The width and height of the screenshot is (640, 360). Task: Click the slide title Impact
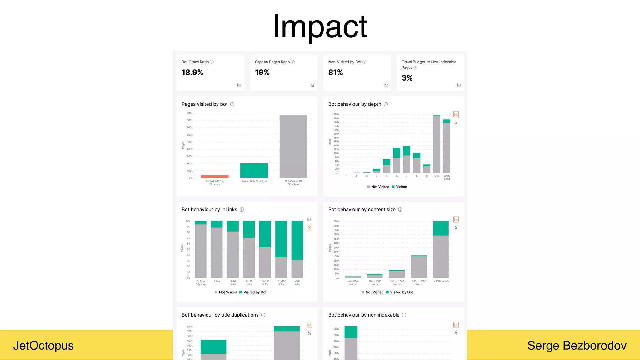click(x=320, y=27)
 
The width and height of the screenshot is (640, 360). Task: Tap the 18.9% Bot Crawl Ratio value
click(x=192, y=72)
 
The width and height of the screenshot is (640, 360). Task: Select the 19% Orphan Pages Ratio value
click(x=262, y=72)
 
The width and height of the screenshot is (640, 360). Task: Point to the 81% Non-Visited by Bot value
click(x=335, y=72)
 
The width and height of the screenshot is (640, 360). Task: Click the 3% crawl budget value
click(x=407, y=78)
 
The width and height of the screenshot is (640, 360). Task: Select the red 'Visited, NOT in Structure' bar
click(x=215, y=177)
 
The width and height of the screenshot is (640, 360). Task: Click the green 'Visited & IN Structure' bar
click(x=254, y=170)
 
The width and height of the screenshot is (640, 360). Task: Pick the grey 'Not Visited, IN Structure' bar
click(x=293, y=146)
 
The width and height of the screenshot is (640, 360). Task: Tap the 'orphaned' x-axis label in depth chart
click(x=447, y=177)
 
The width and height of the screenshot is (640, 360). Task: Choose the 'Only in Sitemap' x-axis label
click(x=201, y=283)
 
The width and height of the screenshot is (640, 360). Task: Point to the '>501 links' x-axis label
click(x=297, y=283)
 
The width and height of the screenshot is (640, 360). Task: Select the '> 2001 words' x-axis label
click(x=441, y=282)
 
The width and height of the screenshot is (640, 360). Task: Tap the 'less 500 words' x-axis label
click(x=353, y=283)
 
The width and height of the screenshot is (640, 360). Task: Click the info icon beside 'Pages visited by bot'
click(x=232, y=104)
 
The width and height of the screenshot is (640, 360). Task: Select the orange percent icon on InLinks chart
click(x=309, y=228)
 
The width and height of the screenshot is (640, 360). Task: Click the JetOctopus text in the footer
click(x=43, y=346)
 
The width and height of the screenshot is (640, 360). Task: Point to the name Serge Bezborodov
click(x=577, y=346)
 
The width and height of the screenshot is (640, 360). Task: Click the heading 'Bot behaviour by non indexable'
click(x=364, y=315)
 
